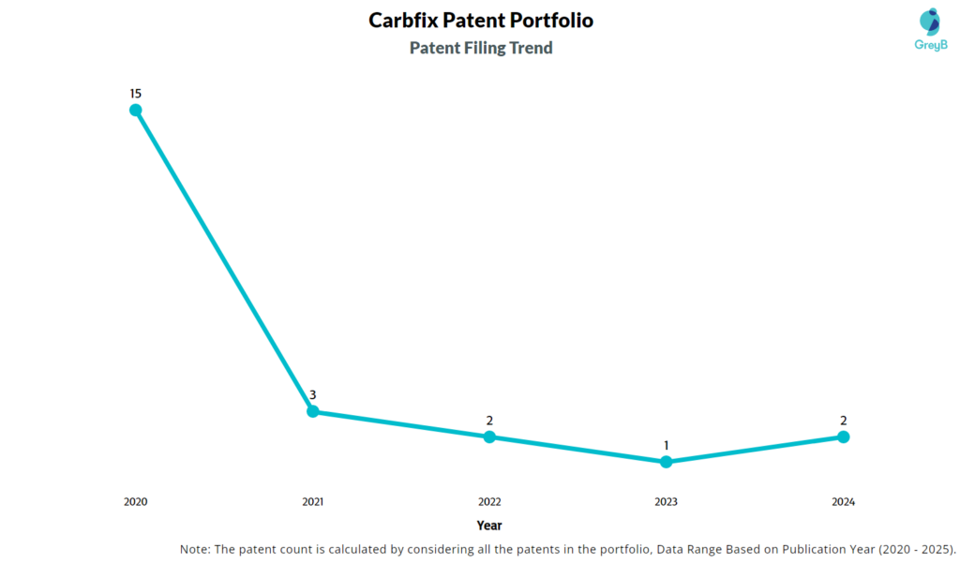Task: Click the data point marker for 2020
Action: (136, 110)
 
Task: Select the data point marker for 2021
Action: (313, 411)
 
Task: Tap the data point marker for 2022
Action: (489, 437)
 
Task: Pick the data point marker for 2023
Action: (667, 462)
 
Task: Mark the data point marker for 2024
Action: (843, 437)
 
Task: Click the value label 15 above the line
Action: (136, 93)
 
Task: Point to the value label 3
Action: (313, 394)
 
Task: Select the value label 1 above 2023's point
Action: (667, 445)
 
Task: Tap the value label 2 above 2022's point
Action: (489, 420)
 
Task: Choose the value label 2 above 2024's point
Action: (843, 420)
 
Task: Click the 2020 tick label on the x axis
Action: (136, 502)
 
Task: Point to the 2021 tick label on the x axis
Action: (313, 502)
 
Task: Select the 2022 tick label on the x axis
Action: (489, 502)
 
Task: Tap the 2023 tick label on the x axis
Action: (667, 502)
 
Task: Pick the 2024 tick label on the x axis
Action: (843, 502)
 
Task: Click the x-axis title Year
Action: (488, 526)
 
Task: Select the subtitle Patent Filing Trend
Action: (481, 48)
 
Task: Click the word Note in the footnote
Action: (196, 549)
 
